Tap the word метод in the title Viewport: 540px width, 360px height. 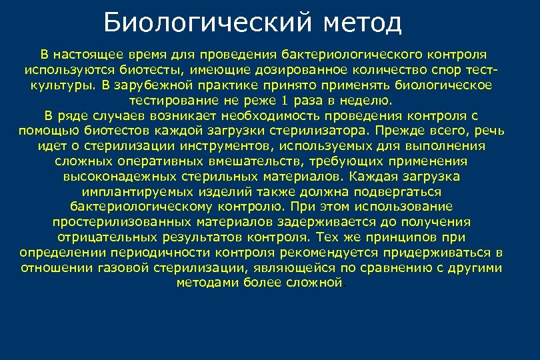tap(363, 24)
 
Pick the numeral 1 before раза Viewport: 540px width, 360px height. tap(285, 101)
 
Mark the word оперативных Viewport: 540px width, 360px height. tap(152, 161)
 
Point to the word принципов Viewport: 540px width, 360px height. tap(402, 237)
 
